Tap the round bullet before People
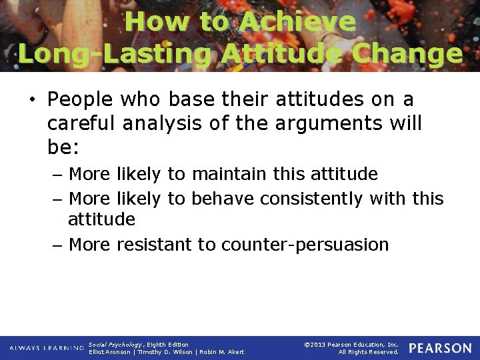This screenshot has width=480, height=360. click(33, 101)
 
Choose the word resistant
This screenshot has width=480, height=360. click(154, 245)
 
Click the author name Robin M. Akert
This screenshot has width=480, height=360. click(219, 352)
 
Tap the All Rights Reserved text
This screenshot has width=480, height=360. click(368, 352)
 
